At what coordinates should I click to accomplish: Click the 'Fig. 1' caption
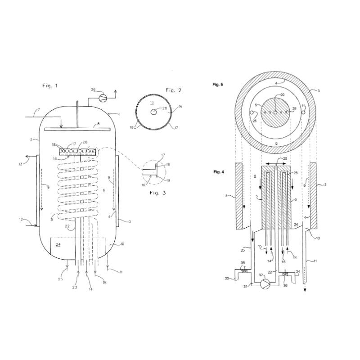click(x=50, y=85)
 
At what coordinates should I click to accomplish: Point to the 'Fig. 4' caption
click(x=218, y=172)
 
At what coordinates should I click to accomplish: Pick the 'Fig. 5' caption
click(x=218, y=85)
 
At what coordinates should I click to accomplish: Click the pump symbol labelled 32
click(x=265, y=283)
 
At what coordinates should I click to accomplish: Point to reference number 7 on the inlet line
click(x=39, y=110)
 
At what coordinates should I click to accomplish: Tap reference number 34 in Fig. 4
click(x=297, y=271)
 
